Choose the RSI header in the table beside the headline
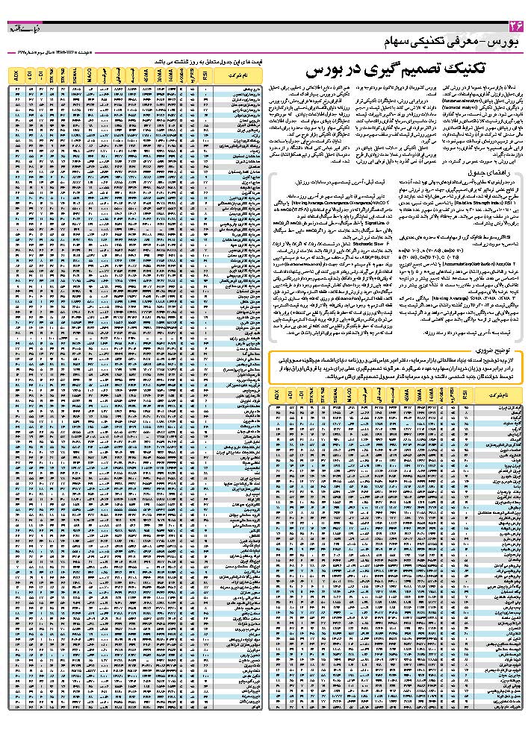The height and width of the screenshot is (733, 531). point(206,75)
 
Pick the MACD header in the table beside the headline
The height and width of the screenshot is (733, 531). point(89,75)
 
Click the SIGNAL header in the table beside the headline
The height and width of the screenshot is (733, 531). point(76,75)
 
